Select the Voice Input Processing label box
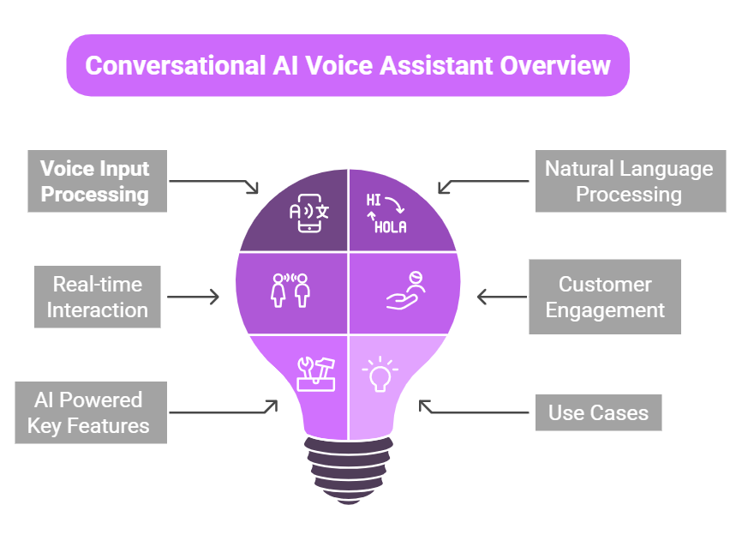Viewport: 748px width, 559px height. click(95, 181)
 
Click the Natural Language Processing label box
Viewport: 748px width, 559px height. click(630, 181)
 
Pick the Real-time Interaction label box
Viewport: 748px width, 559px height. click(97, 297)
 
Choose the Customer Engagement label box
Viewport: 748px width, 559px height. click(605, 297)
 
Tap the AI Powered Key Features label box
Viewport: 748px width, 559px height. click(90, 412)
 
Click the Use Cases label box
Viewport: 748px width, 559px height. click(598, 413)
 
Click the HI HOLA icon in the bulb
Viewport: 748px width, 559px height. click(386, 213)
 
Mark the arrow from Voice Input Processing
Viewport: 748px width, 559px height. click(214, 183)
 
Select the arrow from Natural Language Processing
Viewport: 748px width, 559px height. click(483, 183)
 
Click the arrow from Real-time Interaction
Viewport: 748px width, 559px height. click(194, 298)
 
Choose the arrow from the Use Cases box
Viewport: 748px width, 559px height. click(474, 409)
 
